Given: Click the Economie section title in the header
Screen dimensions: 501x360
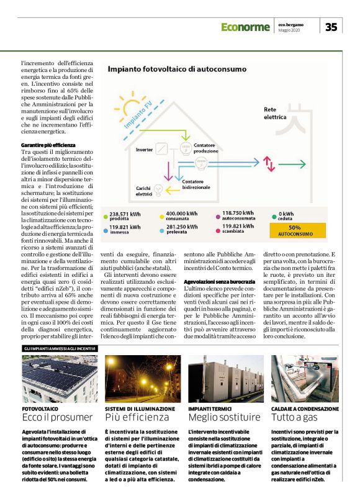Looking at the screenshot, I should pos(245,27).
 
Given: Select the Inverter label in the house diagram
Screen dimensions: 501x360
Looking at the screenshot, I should pos(144,150).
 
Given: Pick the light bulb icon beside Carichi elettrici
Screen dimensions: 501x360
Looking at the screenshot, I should pos(158,190).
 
